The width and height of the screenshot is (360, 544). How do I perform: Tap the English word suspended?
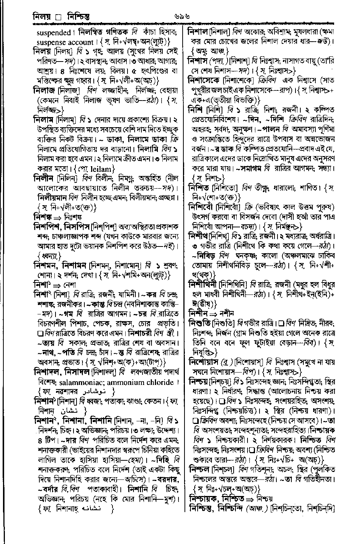point(53,33)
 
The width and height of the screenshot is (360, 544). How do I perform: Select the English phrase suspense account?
point(65,42)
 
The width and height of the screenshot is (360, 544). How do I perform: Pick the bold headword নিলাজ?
point(44,90)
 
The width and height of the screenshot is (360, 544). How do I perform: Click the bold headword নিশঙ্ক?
point(44,217)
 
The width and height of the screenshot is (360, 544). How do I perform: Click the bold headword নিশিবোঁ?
point(203,207)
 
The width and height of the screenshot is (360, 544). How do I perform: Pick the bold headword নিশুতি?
point(199,322)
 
